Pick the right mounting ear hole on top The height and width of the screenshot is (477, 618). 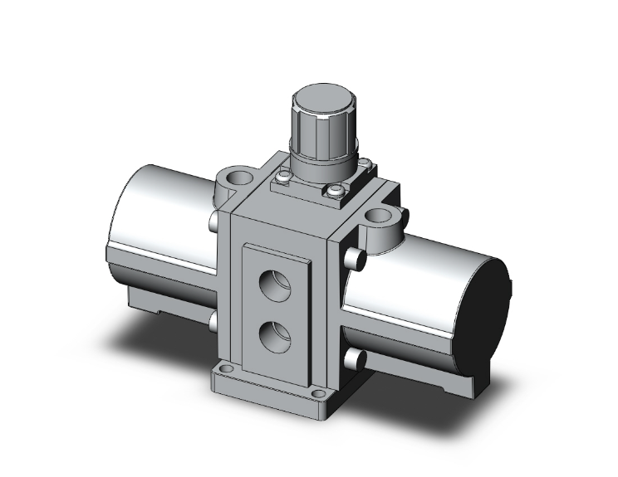coord(381,218)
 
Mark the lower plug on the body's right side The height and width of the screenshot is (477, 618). coord(356,358)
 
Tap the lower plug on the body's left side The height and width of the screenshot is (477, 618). coord(214,319)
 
